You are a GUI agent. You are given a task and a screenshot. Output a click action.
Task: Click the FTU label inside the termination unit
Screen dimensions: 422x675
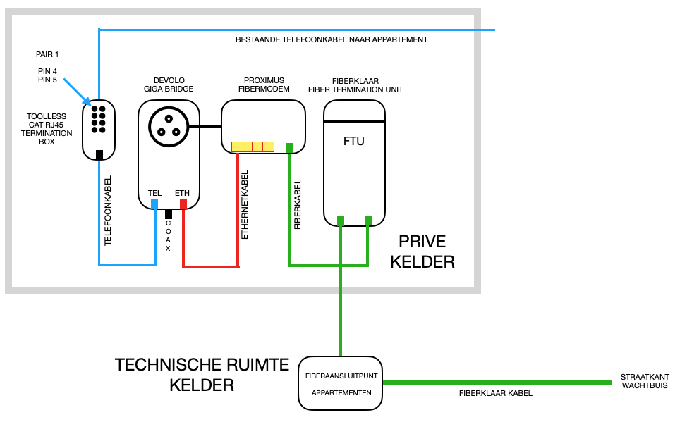tap(353, 141)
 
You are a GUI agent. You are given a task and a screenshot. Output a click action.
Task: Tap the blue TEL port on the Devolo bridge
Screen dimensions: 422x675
tap(154, 204)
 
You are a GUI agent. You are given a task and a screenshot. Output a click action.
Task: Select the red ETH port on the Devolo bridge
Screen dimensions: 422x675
tap(183, 204)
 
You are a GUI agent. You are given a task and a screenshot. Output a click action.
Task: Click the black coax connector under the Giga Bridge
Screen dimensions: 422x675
tap(169, 213)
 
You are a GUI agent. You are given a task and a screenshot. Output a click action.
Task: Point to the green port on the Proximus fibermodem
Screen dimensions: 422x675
tap(289, 148)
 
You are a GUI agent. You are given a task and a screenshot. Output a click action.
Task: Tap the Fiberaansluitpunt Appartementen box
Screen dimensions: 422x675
tap(341, 383)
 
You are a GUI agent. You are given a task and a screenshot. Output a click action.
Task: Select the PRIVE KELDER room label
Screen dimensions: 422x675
tap(422, 252)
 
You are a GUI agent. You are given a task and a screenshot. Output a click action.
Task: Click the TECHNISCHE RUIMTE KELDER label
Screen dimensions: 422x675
tap(202, 375)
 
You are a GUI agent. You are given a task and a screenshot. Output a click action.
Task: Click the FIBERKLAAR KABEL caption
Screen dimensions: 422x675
tap(495, 393)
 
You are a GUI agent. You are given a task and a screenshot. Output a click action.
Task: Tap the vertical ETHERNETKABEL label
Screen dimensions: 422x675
tap(245, 205)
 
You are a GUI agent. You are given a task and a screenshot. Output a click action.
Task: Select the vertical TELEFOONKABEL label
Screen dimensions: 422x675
tap(108, 211)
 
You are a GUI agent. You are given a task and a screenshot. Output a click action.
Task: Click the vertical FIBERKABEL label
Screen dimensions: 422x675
tap(298, 204)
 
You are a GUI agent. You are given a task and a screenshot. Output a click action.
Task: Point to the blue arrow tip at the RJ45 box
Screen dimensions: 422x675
tap(89, 103)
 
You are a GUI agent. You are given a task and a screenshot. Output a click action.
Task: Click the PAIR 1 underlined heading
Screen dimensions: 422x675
tap(48, 54)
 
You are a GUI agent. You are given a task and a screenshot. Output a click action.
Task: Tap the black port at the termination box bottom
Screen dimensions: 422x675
tap(99, 154)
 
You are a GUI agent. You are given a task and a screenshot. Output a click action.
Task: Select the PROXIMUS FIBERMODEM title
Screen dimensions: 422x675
tap(264, 85)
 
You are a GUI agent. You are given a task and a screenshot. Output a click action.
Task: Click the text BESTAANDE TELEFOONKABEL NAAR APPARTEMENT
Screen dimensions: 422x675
tap(332, 40)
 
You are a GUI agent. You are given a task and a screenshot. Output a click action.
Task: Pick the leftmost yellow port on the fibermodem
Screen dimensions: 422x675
tap(237, 147)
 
